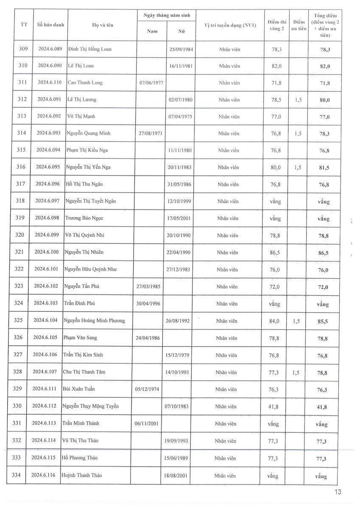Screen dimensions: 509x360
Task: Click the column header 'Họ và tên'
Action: (103, 25)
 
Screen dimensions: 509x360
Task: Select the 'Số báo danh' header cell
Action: (51, 25)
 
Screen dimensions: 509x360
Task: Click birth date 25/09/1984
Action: (181, 49)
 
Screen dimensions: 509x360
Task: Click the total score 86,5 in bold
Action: (325, 253)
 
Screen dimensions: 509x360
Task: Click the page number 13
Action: (338, 492)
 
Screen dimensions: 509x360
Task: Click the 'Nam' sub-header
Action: (152, 31)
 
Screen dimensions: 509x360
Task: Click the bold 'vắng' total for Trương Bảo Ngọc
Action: (324, 219)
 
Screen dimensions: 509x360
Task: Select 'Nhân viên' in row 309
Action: (230, 49)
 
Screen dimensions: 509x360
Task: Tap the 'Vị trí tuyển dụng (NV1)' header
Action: (230, 25)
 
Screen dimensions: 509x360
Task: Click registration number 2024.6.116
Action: (43, 475)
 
